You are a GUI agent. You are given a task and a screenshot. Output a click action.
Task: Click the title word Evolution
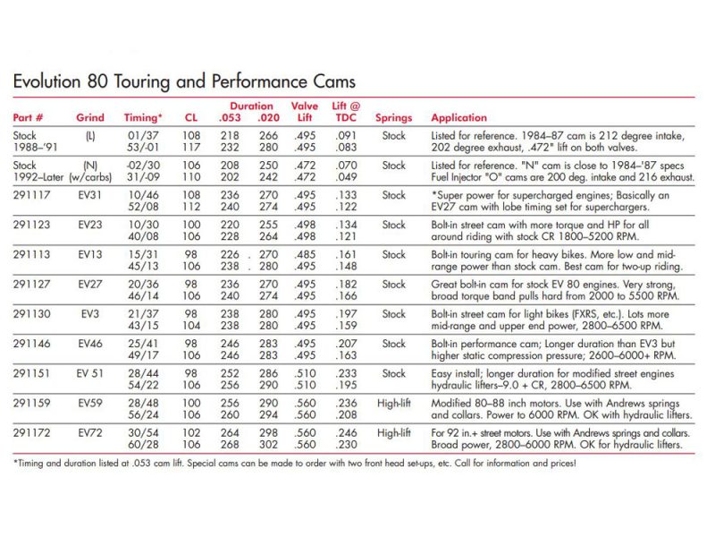[45, 82]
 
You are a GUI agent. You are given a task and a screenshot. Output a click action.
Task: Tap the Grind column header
[90, 117]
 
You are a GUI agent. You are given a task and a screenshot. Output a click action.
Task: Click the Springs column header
[393, 117]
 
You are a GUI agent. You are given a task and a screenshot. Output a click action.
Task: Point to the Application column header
[459, 117]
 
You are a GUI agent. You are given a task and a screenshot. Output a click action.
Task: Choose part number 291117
[30, 194]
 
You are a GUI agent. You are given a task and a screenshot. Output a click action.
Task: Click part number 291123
[30, 224]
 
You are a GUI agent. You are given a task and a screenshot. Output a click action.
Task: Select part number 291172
[30, 431]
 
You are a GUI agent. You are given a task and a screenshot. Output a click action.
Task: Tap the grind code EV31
[90, 194]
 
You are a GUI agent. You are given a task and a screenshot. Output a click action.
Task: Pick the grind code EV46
[90, 343]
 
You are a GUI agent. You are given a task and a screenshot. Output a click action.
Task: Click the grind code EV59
[90, 402]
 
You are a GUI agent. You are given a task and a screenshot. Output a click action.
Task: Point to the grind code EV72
[90, 431]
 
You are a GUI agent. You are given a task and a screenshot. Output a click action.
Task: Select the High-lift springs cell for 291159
[393, 402]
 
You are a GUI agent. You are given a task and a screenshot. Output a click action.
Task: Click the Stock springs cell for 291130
[393, 313]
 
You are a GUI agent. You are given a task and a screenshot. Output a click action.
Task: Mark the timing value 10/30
[143, 224]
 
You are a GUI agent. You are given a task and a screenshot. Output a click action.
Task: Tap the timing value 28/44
[143, 372]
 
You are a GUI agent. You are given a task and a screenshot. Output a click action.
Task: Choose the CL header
[191, 117]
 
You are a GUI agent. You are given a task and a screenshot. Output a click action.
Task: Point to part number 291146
[30, 343]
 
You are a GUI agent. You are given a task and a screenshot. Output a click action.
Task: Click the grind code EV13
[90, 253]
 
